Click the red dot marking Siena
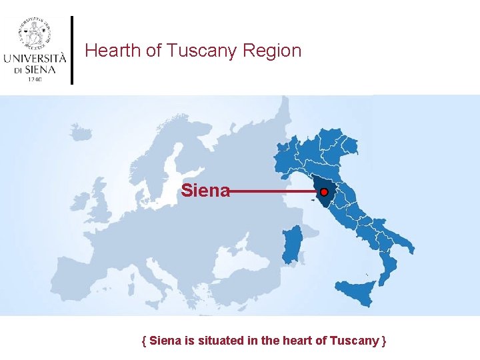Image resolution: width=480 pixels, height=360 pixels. (x=324, y=192)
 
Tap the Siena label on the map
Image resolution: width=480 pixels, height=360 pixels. (x=205, y=191)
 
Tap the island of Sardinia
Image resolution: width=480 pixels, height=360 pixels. (x=291, y=244)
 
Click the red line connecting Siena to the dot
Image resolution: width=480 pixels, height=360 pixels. (x=273, y=192)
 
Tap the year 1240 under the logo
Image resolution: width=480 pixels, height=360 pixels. (x=35, y=79)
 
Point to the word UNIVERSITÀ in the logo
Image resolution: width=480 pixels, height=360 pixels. (x=35, y=57)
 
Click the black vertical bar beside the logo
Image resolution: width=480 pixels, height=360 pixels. (x=72, y=50)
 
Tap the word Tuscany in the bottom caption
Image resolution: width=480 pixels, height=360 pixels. (x=355, y=341)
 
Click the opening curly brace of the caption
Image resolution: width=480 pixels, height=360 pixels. (x=145, y=341)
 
